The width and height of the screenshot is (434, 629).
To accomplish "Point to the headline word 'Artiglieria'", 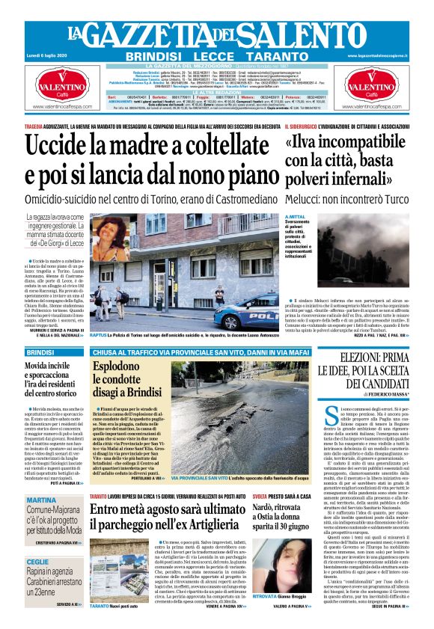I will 212,532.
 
